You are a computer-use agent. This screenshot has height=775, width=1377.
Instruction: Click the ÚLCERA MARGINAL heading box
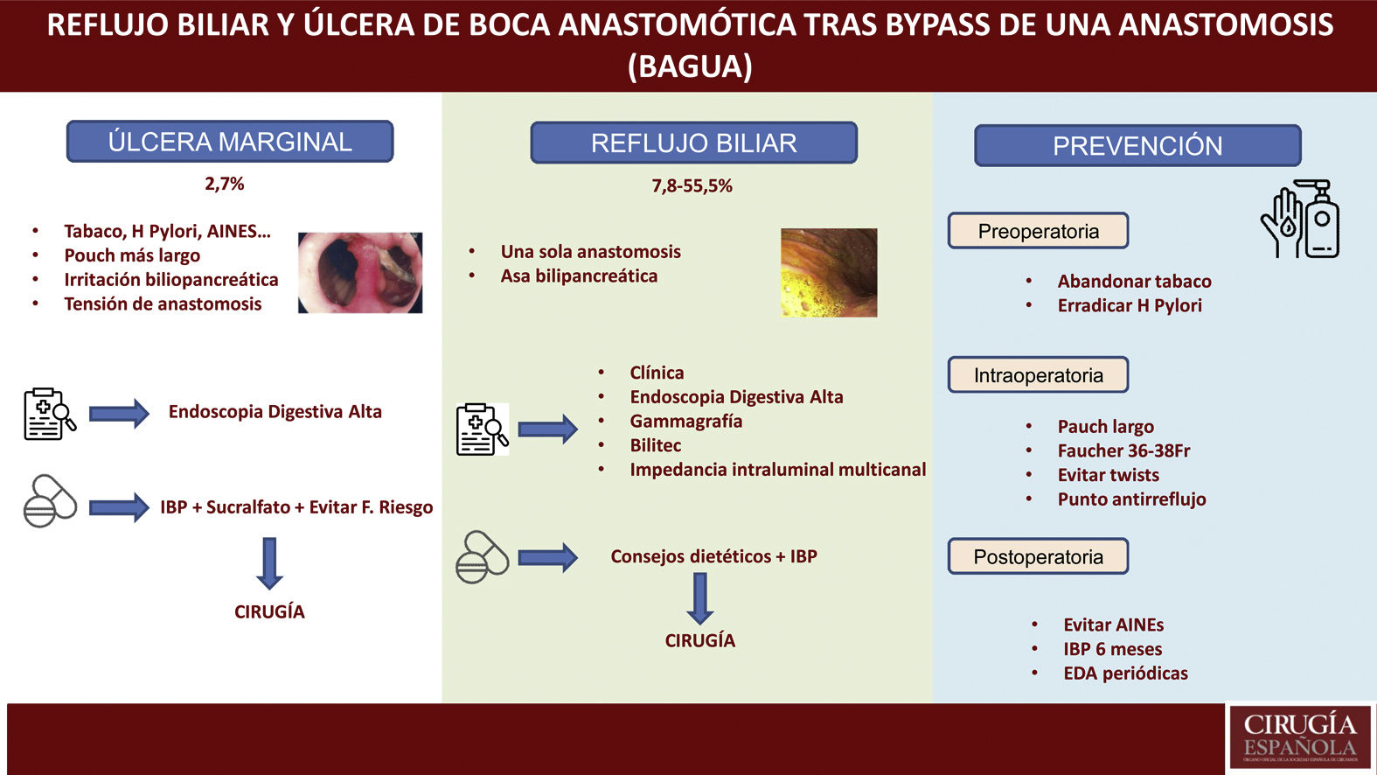coord(230,142)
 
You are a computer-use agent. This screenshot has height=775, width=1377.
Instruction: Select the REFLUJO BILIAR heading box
coord(693,143)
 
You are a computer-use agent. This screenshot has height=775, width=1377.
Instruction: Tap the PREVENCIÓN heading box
coord(1137,146)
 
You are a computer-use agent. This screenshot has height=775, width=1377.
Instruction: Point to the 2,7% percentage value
coord(225,184)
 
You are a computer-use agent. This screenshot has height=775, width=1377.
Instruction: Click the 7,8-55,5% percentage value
coord(692,185)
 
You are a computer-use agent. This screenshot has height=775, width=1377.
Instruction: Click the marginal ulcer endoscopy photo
coord(360,272)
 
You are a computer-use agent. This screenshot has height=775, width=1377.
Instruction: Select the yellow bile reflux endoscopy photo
coord(828,272)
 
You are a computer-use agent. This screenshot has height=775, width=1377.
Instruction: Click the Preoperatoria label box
coord(1038,231)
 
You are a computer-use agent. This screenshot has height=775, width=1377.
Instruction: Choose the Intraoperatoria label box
coord(1038,375)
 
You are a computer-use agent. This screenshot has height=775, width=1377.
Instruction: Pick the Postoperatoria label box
coord(1038,556)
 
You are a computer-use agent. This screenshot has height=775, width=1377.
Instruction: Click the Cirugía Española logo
coord(1299,737)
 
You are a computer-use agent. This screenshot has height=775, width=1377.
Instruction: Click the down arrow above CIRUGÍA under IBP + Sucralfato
coord(269,562)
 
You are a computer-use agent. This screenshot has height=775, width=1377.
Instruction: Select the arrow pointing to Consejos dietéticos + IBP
coord(547,557)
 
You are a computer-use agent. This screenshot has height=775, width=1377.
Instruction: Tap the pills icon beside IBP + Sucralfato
coord(50,501)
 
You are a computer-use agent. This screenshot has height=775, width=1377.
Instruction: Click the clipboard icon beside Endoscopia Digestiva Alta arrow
coord(49,414)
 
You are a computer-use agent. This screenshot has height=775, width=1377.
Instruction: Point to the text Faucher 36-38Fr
coord(1123,450)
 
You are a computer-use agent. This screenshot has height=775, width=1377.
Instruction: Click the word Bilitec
coord(655,445)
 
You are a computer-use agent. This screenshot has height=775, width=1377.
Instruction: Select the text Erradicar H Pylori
coord(1130,305)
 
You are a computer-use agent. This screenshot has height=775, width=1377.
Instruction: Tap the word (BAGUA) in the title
coord(690,66)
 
